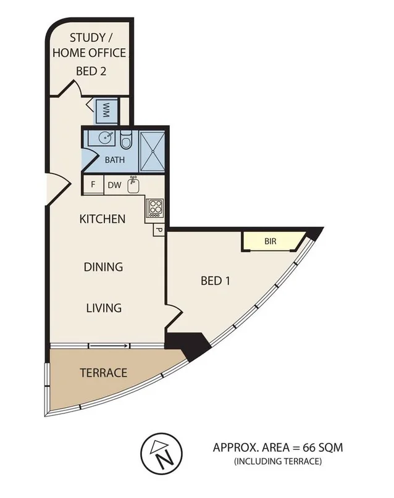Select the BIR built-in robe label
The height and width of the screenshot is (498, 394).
pos(270,241)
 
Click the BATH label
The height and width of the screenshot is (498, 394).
pos(114,159)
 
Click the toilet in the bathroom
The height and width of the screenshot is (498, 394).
pos(125,141)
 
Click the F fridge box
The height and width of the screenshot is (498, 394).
pos(93,184)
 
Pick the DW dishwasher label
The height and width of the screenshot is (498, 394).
pos(114,184)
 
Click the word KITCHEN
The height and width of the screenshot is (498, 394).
pos(103,219)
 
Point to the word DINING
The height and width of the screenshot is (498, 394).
pos(104,267)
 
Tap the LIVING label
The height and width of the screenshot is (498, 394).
pos(104,307)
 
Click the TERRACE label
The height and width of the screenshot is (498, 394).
pos(103,373)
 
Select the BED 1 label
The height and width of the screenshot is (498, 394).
pos(216,281)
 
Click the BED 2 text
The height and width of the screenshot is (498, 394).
pos(91,71)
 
